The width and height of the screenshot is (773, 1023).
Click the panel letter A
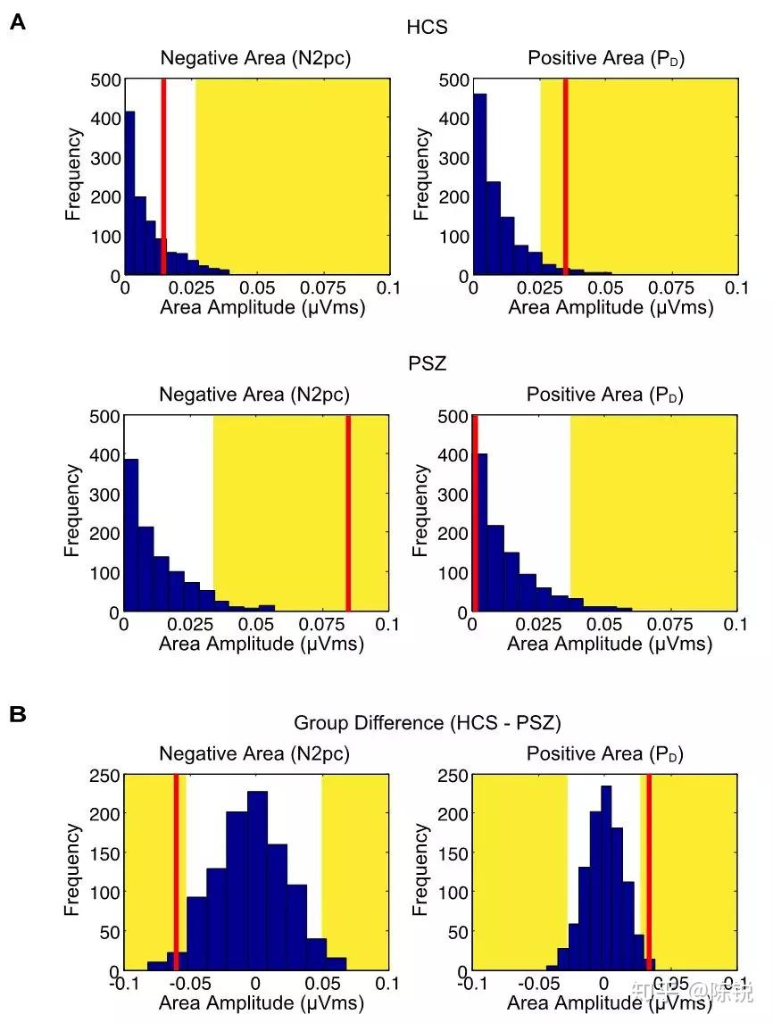point(18,23)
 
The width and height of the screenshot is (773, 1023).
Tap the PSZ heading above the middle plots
point(428,364)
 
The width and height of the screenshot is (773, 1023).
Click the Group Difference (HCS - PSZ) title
point(428,722)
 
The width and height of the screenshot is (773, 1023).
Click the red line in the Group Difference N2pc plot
point(176,872)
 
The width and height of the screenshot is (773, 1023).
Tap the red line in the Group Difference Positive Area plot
point(649,872)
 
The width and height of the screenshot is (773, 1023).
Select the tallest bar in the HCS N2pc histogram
point(129,193)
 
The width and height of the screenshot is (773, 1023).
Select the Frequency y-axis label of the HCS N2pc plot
point(74,175)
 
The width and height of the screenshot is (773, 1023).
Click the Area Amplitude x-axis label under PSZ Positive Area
point(610,645)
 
